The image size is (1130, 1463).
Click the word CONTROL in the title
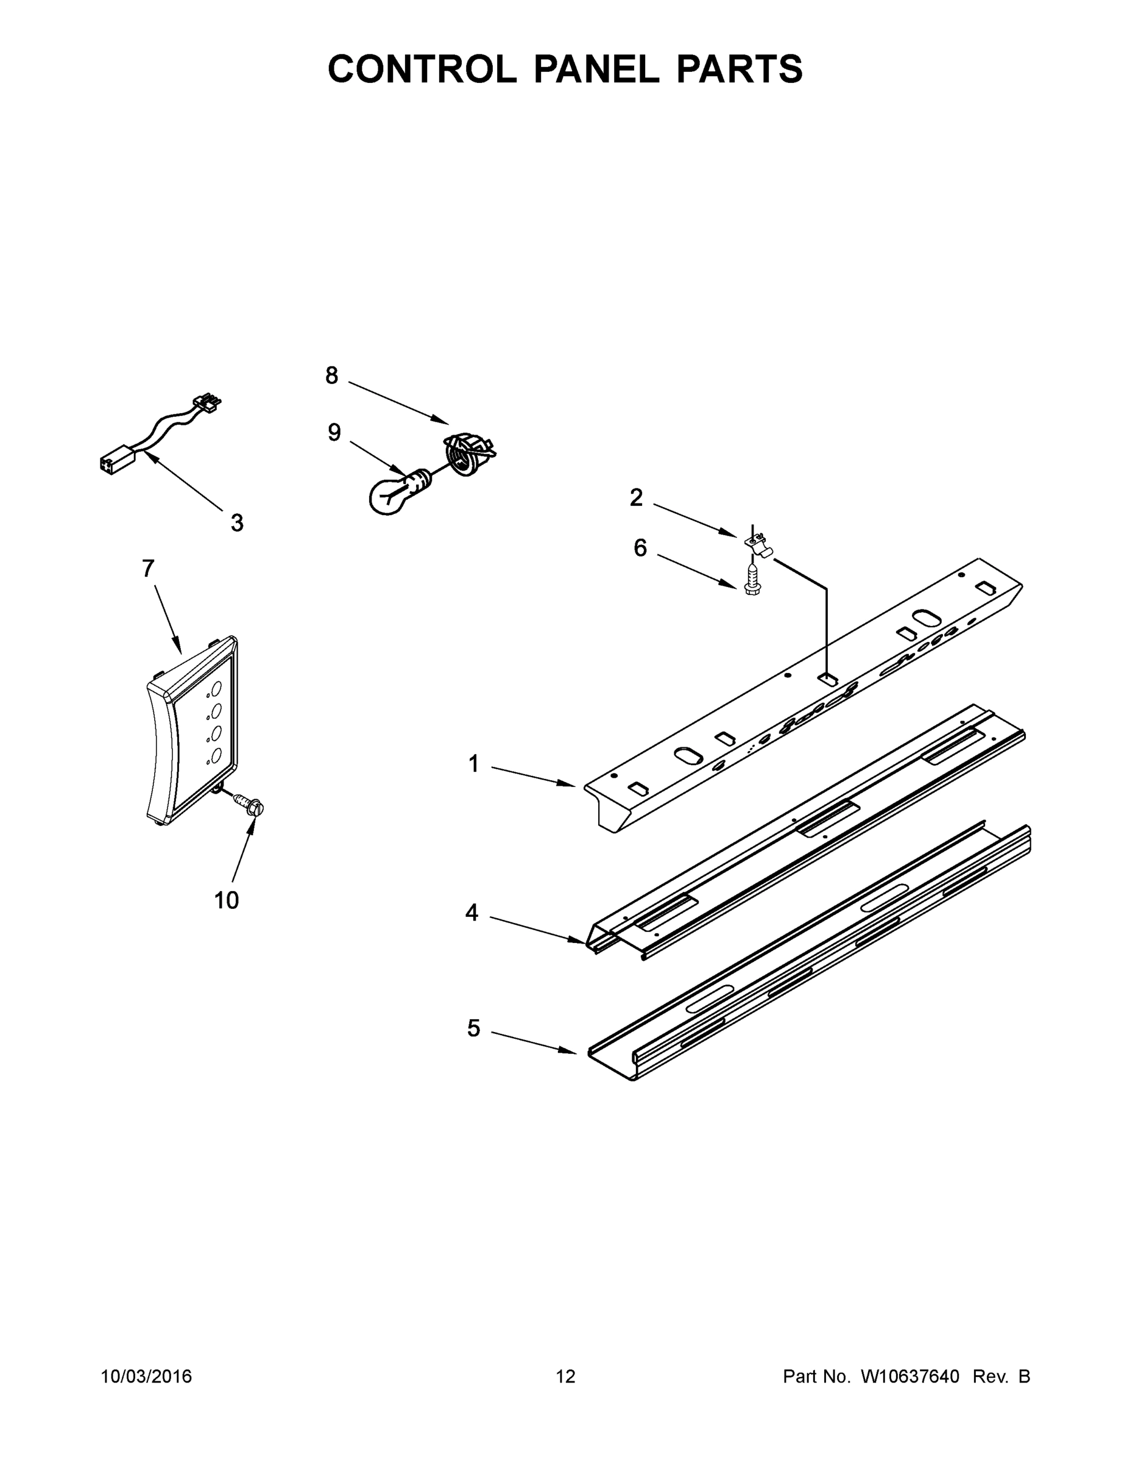422,69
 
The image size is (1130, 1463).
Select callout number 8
331,376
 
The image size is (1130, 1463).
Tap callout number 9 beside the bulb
334,433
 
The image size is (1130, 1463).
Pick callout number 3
237,523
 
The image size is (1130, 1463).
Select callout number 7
148,569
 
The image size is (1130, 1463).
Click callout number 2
636,497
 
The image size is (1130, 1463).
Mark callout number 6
641,548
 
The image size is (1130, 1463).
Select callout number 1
474,764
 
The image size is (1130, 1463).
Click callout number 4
472,913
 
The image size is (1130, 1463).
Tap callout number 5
474,1028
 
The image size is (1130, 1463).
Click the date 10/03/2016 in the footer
146,1376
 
